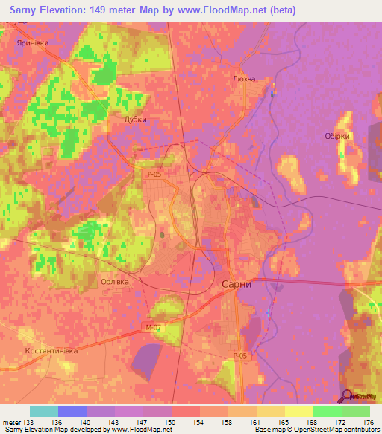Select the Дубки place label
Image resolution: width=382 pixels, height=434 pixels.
[x=136, y=119]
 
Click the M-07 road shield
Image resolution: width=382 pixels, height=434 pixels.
[x=154, y=327]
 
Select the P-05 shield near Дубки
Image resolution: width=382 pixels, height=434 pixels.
[x=152, y=174]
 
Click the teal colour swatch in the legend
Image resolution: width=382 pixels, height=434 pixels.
[x=44, y=411]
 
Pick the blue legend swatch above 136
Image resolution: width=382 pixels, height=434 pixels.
[x=72, y=411]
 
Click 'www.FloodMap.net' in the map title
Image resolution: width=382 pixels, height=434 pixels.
[x=231, y=10]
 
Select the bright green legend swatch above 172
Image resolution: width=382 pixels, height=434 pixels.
[x=328, y=411]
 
